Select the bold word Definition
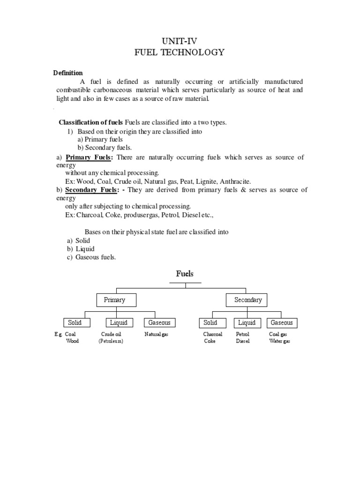pyautogui.click(x=68, y=73)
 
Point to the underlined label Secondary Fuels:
pyautogui.click(x=92, y=190)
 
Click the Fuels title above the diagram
pyautogui.click(x=185, y=274)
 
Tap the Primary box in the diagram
pyautogui.click(x=114, y=300)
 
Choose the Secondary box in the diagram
pyautogui.click(x=248, y=300)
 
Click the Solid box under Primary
pyautogui.click(x=74, y=322)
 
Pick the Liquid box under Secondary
pyautogui.click(x=247, y=322)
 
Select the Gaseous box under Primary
pyautogui.click(x=159, y=322)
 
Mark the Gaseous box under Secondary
pyautogui.click(x=282, y=322)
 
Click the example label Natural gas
pyautogui.click(x=156, y=334)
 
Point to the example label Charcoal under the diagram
pyautogui.click(x=212, y=334)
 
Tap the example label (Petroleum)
pyautogui.click(x=113, y=341)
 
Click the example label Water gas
pyautogui.click(x=279, y=341)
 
